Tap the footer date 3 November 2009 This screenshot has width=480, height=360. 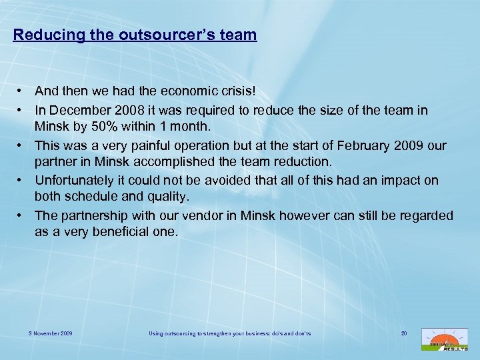51,332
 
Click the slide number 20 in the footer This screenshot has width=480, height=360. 403,332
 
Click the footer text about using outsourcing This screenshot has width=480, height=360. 229,332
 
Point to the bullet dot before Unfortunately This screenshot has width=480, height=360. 22,181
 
